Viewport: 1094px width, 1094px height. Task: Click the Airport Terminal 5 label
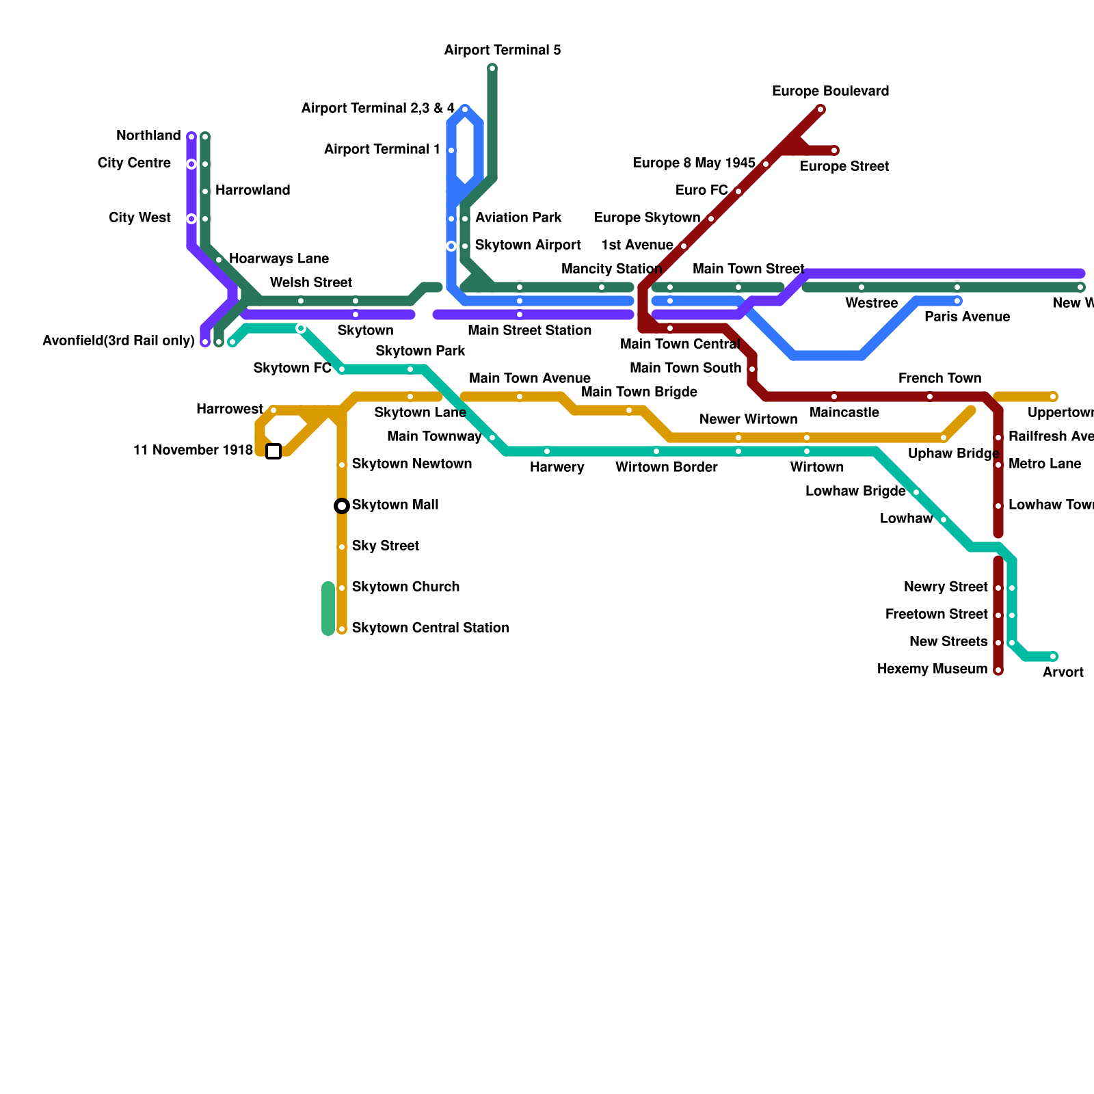503,51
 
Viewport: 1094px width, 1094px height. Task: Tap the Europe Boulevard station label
830,92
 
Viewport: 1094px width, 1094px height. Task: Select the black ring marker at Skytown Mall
342,506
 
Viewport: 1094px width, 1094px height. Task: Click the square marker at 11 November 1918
273,451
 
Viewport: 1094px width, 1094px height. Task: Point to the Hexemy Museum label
932,669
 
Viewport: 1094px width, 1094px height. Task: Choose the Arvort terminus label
1063,673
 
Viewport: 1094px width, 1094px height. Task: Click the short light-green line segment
328,609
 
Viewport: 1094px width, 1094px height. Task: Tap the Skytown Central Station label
430,628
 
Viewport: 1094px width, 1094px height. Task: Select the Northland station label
148,136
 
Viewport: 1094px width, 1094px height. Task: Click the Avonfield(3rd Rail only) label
118,341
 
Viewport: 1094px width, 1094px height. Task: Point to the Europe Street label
844,167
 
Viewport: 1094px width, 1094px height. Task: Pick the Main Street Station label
529,331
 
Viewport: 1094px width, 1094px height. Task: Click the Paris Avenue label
967,317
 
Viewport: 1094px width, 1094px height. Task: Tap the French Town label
939,379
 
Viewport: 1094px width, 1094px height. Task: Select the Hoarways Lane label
279,259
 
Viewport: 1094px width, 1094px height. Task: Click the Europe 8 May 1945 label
693,163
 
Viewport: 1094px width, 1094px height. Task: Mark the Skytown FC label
292,369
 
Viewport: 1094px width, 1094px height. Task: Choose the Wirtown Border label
666,468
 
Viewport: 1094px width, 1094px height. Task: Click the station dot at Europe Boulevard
820,109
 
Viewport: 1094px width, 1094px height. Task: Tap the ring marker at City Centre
191,164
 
